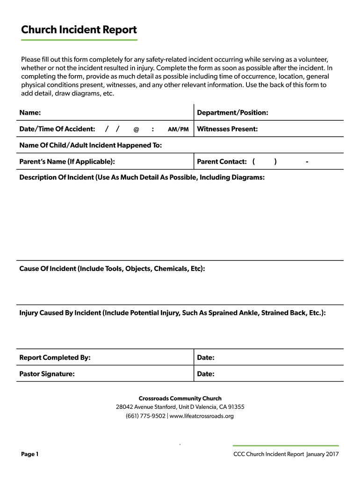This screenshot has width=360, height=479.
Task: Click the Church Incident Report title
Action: tap(79, 30)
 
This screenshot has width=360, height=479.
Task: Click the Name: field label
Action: tap(30, 113)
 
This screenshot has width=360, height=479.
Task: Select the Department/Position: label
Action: tap(232, 113)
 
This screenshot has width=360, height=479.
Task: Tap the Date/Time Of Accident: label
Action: tap(57, 129)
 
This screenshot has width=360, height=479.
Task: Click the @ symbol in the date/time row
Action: tap(136, 130)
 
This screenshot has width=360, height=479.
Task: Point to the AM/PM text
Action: tap(178, 130)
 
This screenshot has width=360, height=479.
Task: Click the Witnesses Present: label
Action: tap(227, 129)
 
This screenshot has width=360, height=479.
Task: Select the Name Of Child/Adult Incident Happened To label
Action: tap(90, 145)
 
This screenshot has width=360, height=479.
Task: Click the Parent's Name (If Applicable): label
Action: tap(67, 162)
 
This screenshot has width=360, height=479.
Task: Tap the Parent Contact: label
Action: tap(222, 162)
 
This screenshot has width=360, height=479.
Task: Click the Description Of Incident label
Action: tap(142, 178)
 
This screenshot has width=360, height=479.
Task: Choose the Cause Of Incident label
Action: tap(112, 269)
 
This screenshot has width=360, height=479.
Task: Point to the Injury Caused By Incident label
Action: tap(172, 312)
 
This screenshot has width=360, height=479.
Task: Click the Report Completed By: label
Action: tap(55, 358)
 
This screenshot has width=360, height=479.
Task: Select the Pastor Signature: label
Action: tap(47, 374)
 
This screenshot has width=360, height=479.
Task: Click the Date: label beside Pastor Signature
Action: tap(206, 374)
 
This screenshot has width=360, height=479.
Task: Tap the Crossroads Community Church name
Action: tap(180, 399)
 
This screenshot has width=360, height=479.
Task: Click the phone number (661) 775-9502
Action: tap(145, 416)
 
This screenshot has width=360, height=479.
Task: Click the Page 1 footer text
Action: tap(30, 454)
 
